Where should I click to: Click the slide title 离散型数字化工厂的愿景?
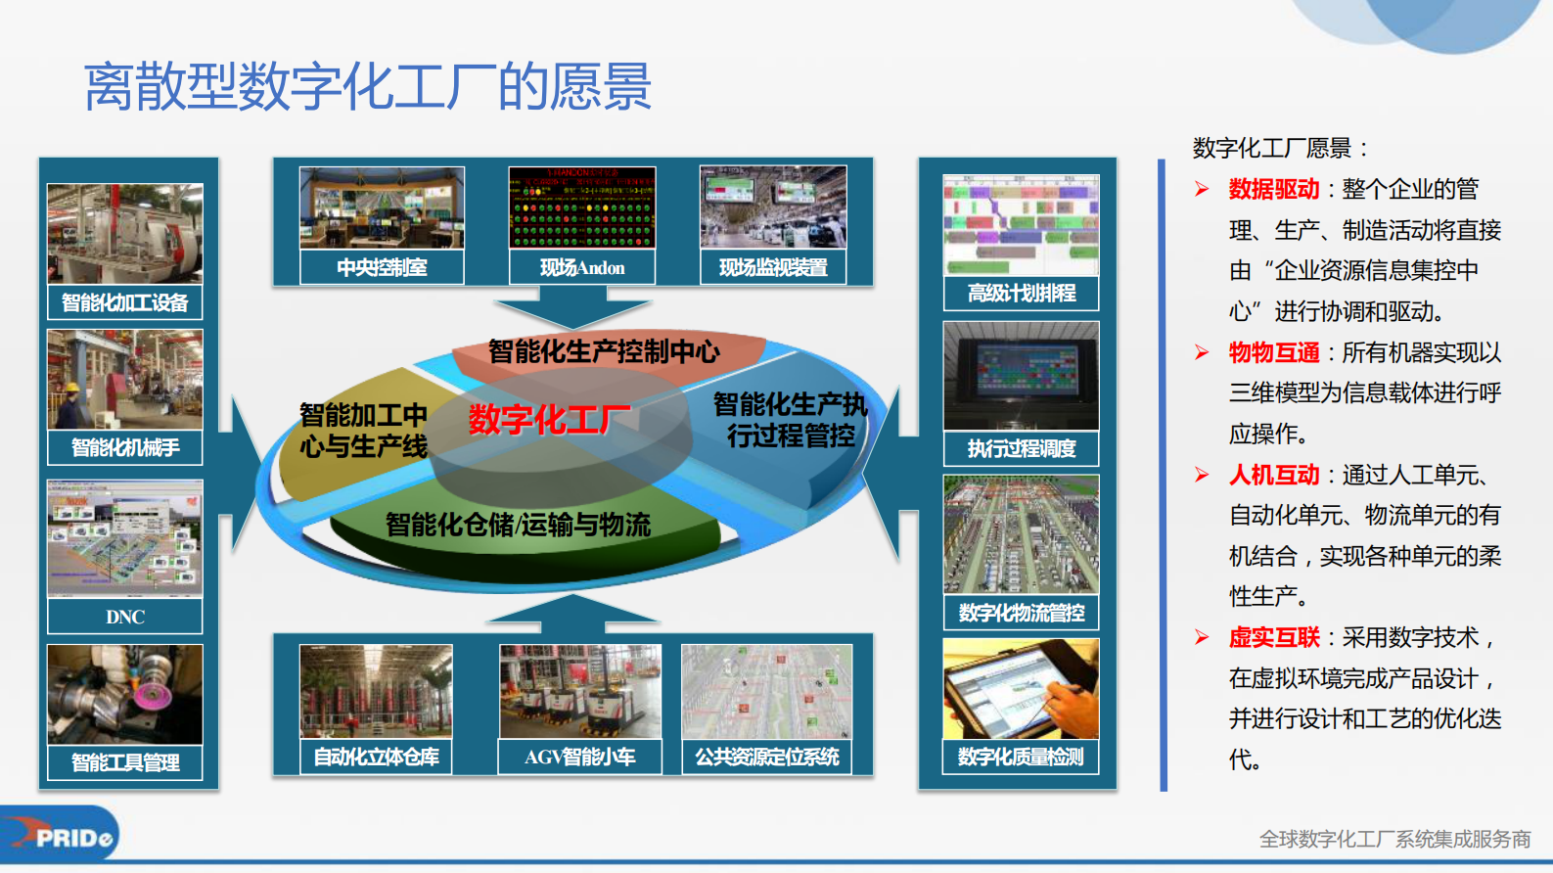[x=367, y=86]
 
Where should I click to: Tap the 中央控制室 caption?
[x=382, y=267]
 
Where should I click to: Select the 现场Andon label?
[x=582, y=267]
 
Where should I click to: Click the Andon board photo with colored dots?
[x=582, y=207]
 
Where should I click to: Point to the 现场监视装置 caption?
[x=773, y=267]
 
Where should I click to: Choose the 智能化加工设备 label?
[x=124, y=302]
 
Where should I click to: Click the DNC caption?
[x=125, y=617]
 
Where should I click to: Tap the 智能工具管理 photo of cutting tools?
[x=125, y=694]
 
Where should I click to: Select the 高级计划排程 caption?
[x=1021, y=293]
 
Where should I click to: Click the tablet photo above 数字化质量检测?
[x=1021, y=689]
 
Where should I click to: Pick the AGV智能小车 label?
[x=580, y=757]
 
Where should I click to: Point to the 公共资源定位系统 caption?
[x=767, y=757]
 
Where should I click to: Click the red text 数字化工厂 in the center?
[x=549, y=420]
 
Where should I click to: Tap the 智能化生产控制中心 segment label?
[x=604, y=351]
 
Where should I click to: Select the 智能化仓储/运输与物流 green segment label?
[x=518, y=525]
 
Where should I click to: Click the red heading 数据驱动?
[x=1274, y=189]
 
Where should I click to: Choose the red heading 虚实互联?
[x=1274, y=638]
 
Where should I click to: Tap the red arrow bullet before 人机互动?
[x=1202, y=476]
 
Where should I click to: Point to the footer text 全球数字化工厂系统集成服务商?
[x=1394, y=839]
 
